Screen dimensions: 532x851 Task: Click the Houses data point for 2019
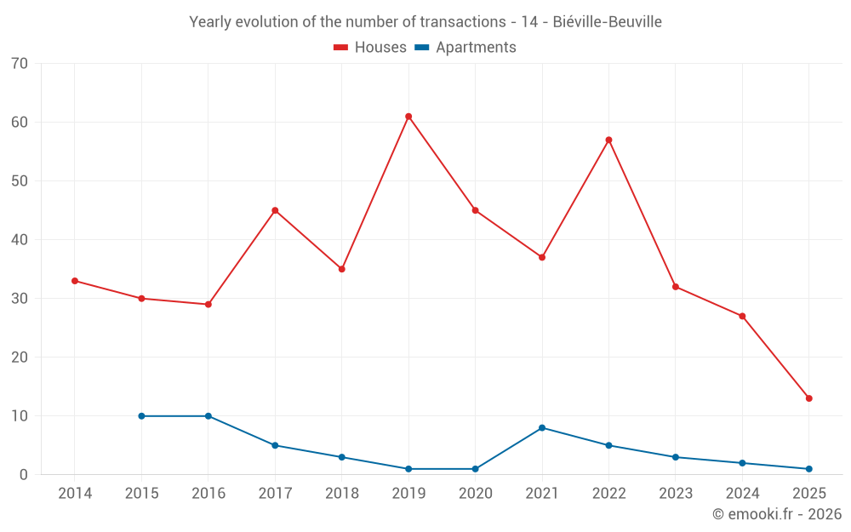pyautogui.click(x=408, y=117)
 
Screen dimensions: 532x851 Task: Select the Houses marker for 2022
pyautogui.click(x=608, y=140)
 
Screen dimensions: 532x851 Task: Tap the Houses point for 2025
pyautogui.click(x=808, y=398)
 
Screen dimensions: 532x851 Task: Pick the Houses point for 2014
pyautogui.click(x=75, y=281)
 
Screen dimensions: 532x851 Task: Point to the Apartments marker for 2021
pyautogui.click(x=542, y=428)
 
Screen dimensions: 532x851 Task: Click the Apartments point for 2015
pyautogui.click(x=141, y=416)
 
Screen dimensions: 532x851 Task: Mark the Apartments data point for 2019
pyautogui.click(x=408, y=469)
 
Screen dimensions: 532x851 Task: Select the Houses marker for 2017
pyautogui.click(x=275, y=210)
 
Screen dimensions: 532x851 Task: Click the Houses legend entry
pyautogui.click(x=370, y=48)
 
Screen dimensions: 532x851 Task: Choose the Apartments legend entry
pyautogui.click(x=465, y=48)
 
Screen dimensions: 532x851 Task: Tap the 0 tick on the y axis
pyautogui.click(x=24, y=475)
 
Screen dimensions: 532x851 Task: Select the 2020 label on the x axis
pyautogui.click(x=475, y=494)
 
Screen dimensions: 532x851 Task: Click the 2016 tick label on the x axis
pyautogui.click(x=208, y=494)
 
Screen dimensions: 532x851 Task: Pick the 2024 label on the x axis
pyautogui.click(x=742, y=494)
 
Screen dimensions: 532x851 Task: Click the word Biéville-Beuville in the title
pyautogui.click(x=607, y=22)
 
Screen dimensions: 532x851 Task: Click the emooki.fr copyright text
pyautogui.click(x=777, y=514)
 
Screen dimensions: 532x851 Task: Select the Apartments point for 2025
pyautogui.click(x=808, y=469)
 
